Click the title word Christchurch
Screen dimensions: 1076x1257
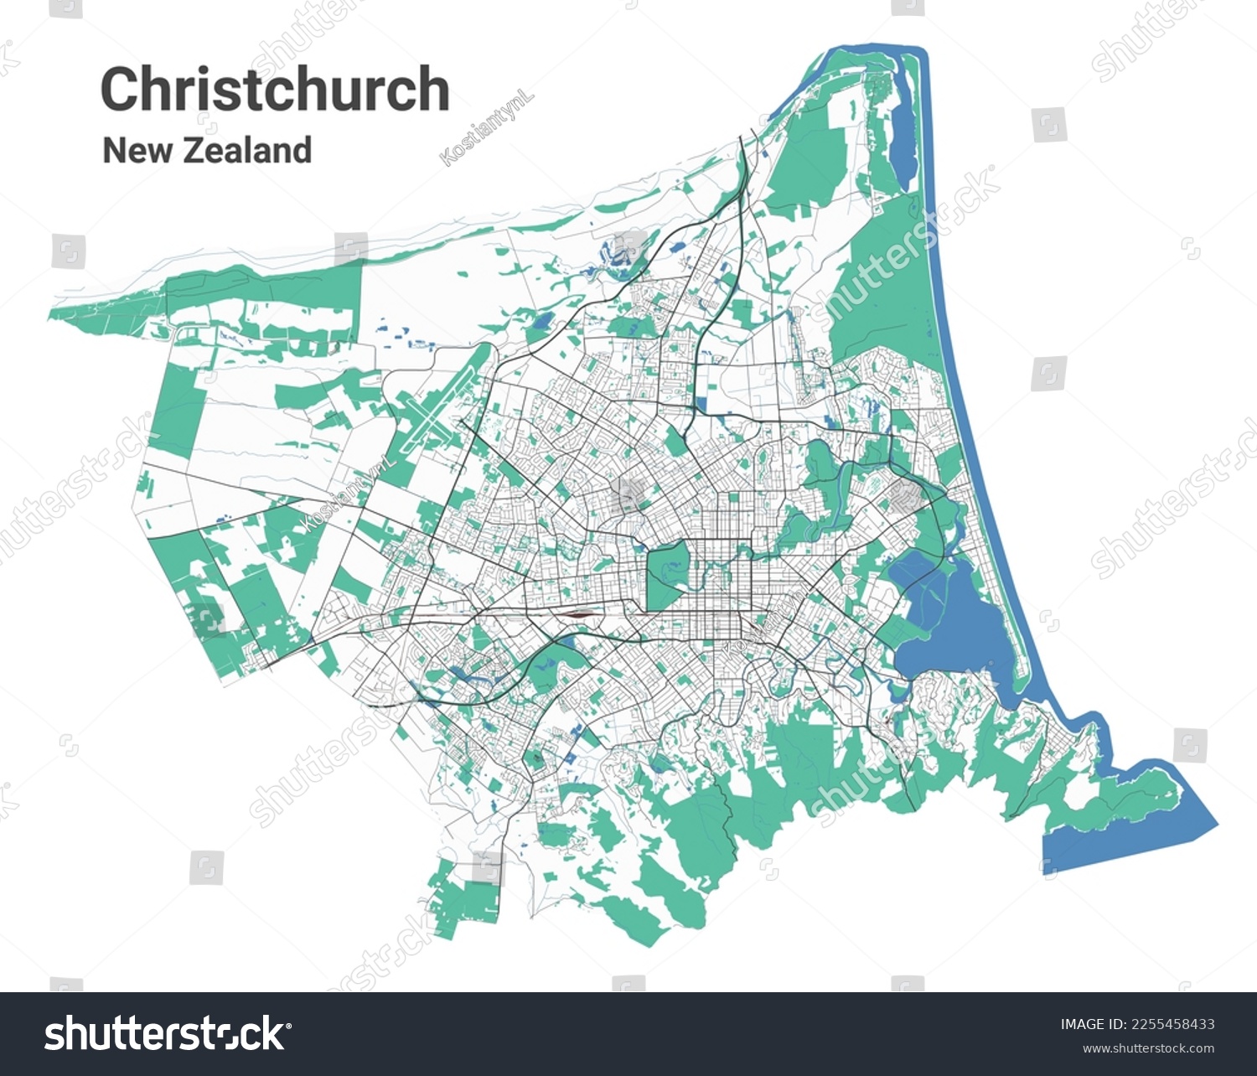coord(275,89)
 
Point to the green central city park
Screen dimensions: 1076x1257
coord(667,574)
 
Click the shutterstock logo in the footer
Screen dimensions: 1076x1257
coord(165,1033)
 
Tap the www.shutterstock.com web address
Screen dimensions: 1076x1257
coord(1148,1048)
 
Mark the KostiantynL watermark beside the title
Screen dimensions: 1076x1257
coord(487,129)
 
